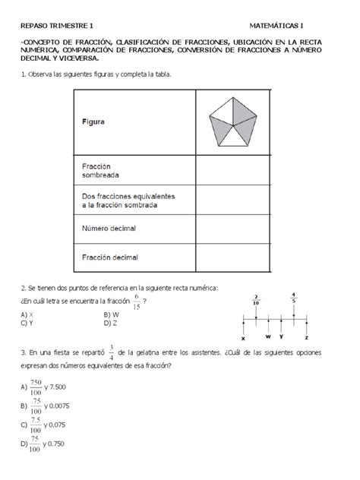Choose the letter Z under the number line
(x=306, y=337)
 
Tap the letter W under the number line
(x=269, y=335)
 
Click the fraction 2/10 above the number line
(x=257, y=299)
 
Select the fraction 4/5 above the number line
(x=293, y=297)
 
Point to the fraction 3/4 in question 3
(x=111, y=352)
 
